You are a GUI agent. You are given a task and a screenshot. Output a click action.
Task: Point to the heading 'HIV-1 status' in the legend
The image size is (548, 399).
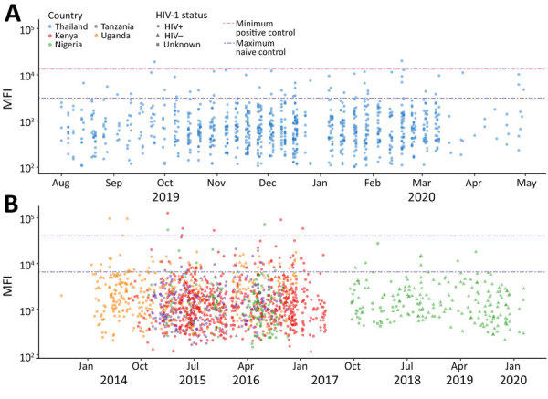[181, 16]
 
